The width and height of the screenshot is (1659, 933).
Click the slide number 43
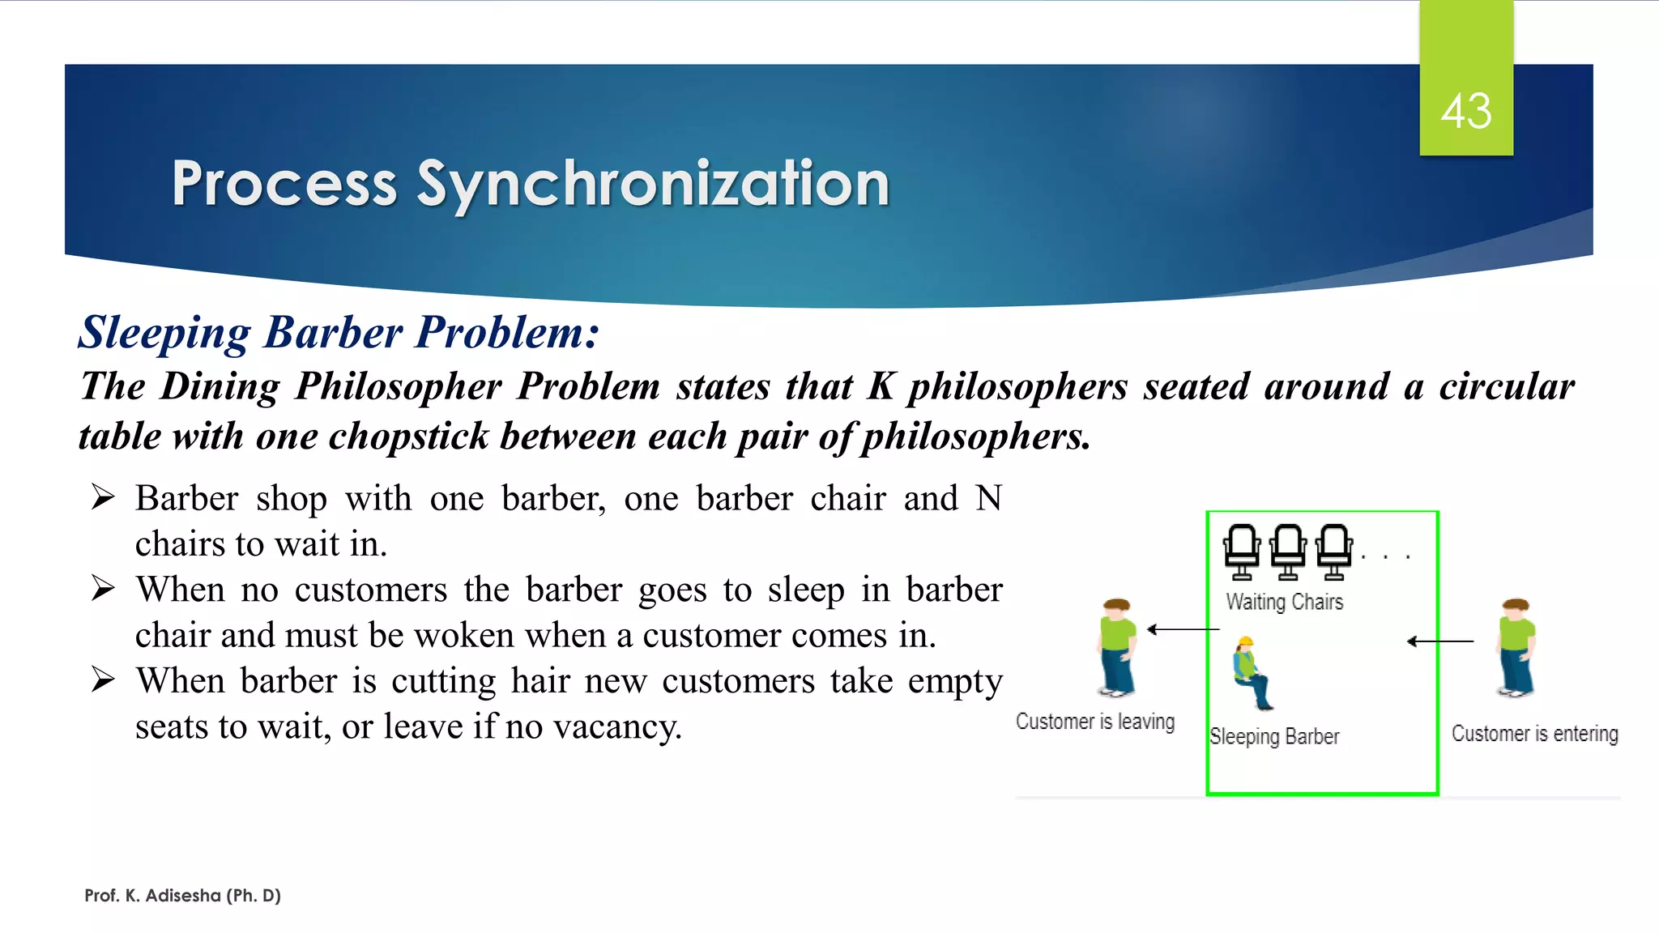1465,111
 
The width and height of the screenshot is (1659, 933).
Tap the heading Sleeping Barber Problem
339,332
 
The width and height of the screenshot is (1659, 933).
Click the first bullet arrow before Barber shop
103,496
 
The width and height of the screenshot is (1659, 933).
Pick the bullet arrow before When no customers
103,588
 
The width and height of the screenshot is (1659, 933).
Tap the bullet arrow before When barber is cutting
103,680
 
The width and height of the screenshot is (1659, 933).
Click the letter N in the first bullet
988,498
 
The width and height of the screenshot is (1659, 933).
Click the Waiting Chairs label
1284,602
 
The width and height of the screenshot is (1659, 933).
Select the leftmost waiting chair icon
1242,552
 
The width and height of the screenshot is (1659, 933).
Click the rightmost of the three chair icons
1334,552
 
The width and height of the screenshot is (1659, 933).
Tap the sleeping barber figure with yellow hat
1250,672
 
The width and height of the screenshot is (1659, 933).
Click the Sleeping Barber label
1273,736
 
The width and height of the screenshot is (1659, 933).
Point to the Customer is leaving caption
1094,721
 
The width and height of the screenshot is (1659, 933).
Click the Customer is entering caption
1534,734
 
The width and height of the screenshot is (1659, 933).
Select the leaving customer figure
1117,648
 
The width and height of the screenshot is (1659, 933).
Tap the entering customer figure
1516,648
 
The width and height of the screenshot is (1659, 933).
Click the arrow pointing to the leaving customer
1183,628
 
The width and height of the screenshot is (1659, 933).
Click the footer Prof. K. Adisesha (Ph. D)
182,896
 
